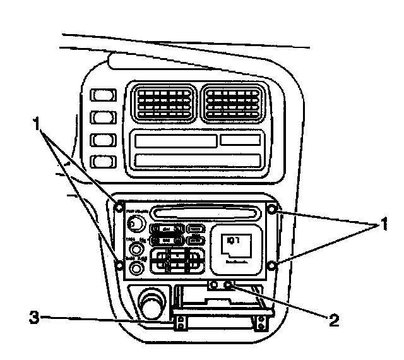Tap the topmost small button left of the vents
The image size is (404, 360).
pos(100,96)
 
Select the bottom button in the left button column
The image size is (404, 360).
pos(100,162)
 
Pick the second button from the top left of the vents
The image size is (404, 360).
pos(100,118)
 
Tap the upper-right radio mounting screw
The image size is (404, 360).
pos(272,209)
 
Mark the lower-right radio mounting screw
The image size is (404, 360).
pos(272,266)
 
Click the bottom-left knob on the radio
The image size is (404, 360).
pos(134,268)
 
